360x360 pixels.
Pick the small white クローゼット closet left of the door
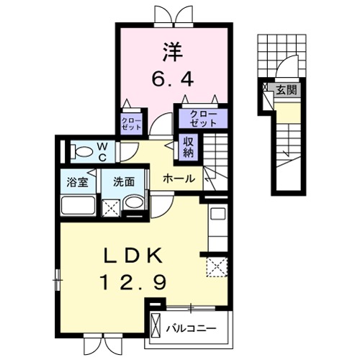coord(130,122)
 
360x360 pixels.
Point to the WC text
coord(102,152)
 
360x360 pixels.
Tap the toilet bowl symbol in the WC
coord(84,152)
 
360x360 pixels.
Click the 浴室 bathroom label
coord(78,182)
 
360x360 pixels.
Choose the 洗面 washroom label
coord(124,182)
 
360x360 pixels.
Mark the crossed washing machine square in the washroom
coord(112,208)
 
